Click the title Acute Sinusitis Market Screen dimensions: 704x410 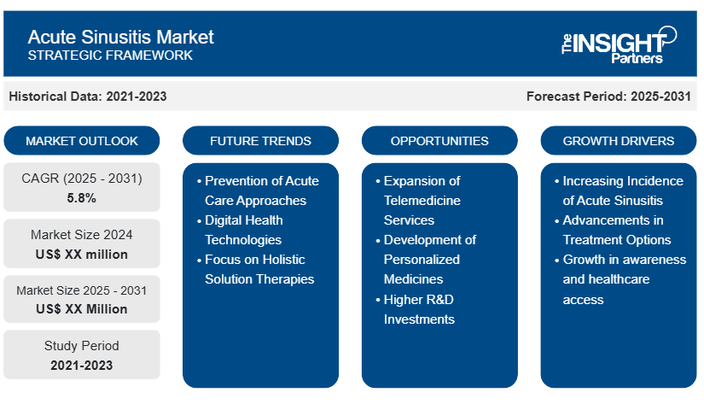pos(120,37)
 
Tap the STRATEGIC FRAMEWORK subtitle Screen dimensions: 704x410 pos(110,56)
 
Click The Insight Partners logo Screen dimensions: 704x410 pos(620,44)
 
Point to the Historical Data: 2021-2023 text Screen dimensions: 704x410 pos(88,97)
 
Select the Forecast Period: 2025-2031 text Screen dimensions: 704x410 pos(608,97)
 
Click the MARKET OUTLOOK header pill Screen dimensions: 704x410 pos(82,141)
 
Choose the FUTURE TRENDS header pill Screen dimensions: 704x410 pos(260,141)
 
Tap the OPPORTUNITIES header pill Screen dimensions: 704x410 pos(439,141)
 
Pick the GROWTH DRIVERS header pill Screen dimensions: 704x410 pos(619,141)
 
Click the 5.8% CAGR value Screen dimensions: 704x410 pos(81,198)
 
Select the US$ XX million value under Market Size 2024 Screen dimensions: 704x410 pos(82,255)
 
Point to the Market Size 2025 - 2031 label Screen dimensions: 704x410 pos(82,290)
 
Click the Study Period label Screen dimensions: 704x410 pos(82,346)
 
